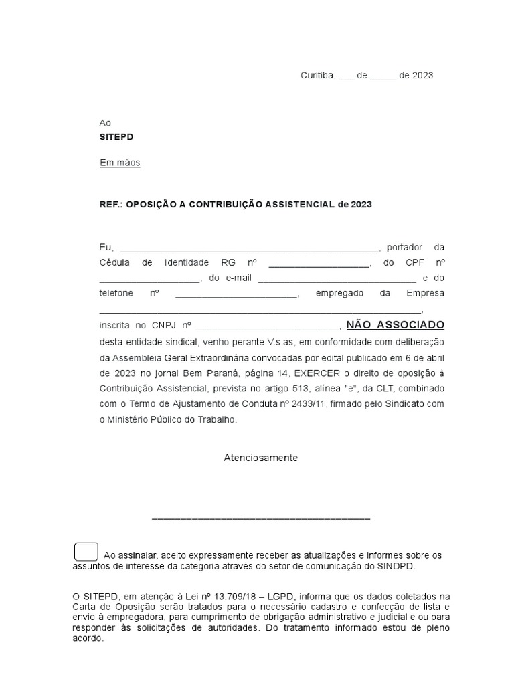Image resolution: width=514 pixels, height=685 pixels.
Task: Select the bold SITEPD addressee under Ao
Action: (x=116, y=136)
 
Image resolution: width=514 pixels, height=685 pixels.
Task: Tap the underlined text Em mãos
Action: (x=120, y=163)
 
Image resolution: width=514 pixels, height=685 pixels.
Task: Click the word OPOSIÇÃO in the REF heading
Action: (x=150, y=205)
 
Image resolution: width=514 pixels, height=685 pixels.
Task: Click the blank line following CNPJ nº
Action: (x=268, y=326)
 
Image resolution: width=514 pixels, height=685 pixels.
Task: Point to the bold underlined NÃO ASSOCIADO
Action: (x=395, y=325)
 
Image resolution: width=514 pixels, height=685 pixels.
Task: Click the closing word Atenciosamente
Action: (x=260, y=458)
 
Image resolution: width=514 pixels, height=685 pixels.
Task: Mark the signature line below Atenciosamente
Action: (x=261, y=518)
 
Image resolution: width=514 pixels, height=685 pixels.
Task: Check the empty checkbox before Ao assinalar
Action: (x=86, y=553)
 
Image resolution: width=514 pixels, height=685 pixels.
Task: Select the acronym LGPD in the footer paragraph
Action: (x=290, y=596)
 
